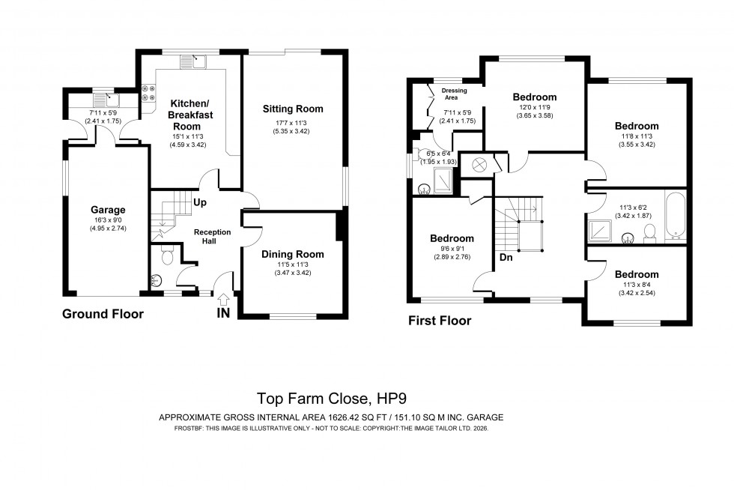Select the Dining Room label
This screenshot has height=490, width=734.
(x=292, y=254)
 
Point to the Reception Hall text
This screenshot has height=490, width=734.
(x=212, y=237)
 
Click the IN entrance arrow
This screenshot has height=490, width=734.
(x=223, y=299)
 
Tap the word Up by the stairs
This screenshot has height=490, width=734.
(x=200, y=202)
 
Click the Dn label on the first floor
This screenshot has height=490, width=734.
(x=506, y=258)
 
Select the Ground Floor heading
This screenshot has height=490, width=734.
(x=103, y=314)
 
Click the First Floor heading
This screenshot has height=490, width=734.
(x=439, y=321)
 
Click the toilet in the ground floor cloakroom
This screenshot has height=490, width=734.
(x=166, y=257)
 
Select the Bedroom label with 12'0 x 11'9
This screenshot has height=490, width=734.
(x=534, y=97)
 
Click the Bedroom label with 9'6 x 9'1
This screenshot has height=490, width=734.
(x=452, y=238)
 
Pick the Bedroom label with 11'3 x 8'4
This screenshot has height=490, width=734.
(x=637, y=274)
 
